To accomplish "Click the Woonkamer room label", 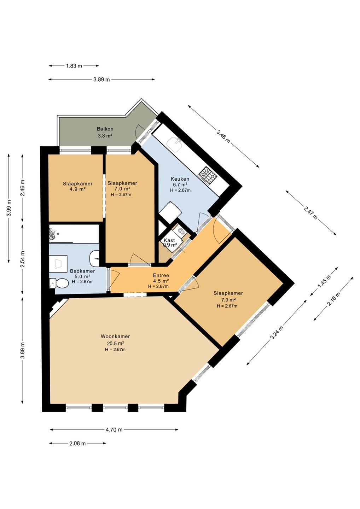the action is click(x=115, y=336).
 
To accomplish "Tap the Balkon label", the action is click(x=105, y=129).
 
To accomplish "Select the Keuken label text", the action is click(x=180, y=179).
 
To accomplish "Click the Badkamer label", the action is click(x=82, y=271).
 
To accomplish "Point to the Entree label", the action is click(x=161, y=276).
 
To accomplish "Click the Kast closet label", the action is click(x=169, y=240).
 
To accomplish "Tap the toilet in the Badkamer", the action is click(x=59, y=283).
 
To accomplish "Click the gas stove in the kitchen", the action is click(x=208, y=174).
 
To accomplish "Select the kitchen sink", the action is click(x=174, y=145).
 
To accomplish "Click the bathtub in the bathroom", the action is click(x=74, y=234).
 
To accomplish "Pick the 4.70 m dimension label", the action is click(x=114, y=429).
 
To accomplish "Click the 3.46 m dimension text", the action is click(x=223, y=136).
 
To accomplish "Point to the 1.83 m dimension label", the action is click(x=74, y=66).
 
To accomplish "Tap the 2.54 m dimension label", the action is click(x=22, y=259).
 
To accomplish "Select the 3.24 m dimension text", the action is click(x=277, y=333).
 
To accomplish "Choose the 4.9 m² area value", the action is click(x=77, y=189).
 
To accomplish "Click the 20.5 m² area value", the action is click(x=115, y=343).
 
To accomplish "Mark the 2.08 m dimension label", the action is click(x=77, y=443).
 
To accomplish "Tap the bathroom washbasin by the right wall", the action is click(x=94, y=258).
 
